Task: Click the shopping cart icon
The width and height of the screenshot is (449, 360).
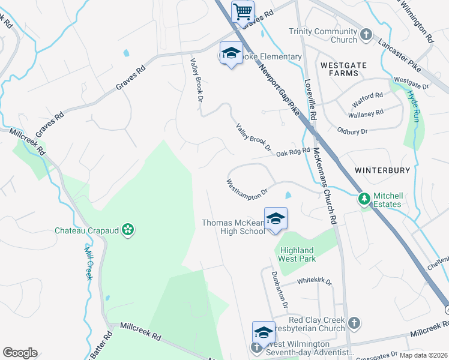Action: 243,11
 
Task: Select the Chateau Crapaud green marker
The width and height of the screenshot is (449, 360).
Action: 127,229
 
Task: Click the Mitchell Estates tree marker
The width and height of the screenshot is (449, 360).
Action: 363,198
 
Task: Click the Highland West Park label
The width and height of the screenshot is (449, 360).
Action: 297,254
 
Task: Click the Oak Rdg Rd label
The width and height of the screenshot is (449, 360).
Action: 293,152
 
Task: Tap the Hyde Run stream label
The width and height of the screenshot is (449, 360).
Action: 414,103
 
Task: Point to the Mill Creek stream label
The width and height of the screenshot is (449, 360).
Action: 88,264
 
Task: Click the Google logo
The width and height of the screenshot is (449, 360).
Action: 20,353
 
